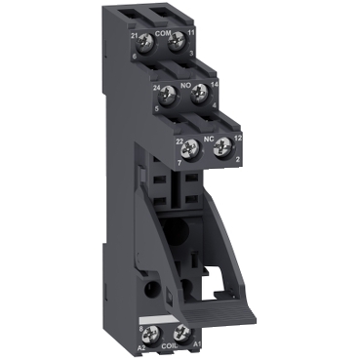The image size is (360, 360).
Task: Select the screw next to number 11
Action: point(178,41)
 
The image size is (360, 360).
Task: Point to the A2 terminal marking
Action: point(140,345)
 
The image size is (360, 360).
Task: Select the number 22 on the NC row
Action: point(179,140)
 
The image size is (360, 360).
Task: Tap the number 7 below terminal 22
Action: point(179,160)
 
